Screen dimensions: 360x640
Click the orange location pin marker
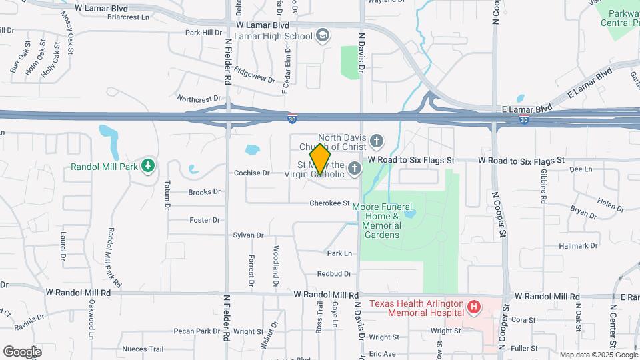pyautogui.click(x=320, y=159)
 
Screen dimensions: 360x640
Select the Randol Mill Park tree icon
pyautogui.click(x=147, y=166)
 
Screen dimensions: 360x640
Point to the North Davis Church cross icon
pyautogui.click(x=377, y=141)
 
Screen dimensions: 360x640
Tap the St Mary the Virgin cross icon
pyautogui.click(x=353, y=169)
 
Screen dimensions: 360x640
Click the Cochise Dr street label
pyautogui.click(x=251, y=173)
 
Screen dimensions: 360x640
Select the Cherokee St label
pyautogui.click(x=329, y=203)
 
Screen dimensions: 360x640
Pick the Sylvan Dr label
pyautogui.click(x=249, y=235)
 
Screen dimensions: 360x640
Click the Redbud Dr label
pyautogui.click(x=334, y=273)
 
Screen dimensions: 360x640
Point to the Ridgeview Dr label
pyautogui.click(x=255, y=75)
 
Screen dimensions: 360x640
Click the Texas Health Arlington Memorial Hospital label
pyautogui.click(x=417, y=307)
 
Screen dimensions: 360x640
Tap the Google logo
pyautogui.click(x=22, y=351)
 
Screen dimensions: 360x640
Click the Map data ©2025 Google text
pyautogui.click(x=598, y=355)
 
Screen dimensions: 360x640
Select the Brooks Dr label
pyautogui.click(x=204, y=192)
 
